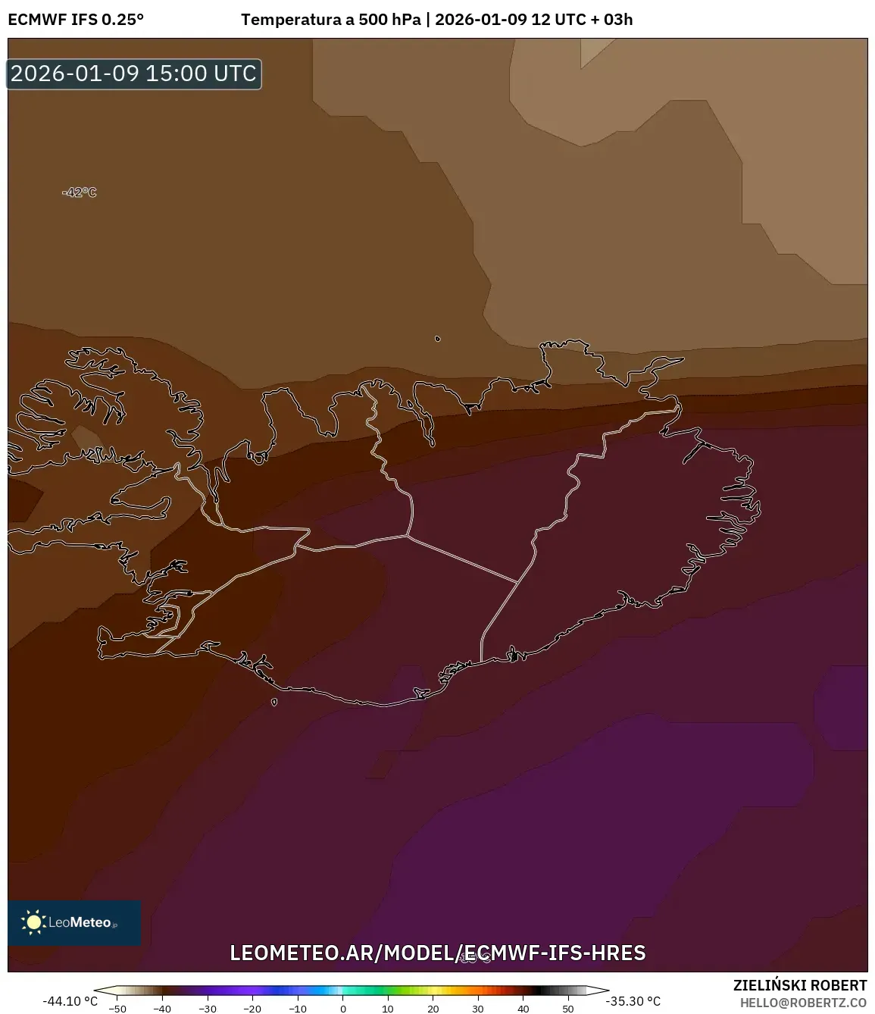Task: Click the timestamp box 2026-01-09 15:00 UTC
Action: [134, 74]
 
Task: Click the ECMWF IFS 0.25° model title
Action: [76, 20]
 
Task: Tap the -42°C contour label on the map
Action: [80, 192]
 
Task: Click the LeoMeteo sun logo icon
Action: [33, 922]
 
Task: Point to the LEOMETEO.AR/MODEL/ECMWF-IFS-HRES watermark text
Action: [438, 953]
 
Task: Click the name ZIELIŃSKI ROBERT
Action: [800, 985]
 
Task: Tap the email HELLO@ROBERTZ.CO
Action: [803, 1003]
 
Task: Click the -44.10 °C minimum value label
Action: [70, 1001]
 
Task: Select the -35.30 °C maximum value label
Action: [633, 1001]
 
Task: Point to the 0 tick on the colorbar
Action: [343, 1009]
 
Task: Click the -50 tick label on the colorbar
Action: [117, 1009]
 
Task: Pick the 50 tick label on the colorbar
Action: [568, 1009]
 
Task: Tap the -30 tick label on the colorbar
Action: [208, 1009]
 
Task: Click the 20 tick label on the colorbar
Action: [433, 1009]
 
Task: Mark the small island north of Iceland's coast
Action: [438, 339]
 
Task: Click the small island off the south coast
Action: [274, 702]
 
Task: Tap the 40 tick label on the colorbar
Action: [523, 1009]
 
